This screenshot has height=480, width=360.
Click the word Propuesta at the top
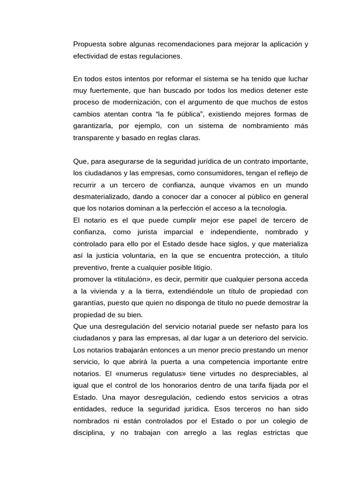tap(89, 45)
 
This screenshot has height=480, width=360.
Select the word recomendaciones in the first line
tap(183, 45)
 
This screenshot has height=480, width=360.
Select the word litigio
tap(200, 267)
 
